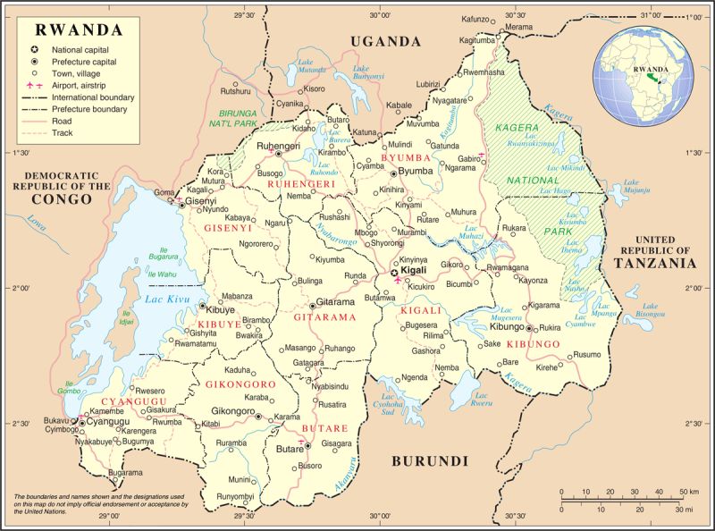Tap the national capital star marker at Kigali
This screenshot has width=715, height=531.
click(394, 272)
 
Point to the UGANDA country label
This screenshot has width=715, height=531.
click(385, 41)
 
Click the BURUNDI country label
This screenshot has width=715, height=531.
click(430, 461)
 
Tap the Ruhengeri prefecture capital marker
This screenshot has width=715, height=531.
click(278, 154)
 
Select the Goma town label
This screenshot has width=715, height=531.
click(164, 192)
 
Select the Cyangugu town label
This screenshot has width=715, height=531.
click(110, 421)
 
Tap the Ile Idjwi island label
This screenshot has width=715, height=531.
click(126, 317)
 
